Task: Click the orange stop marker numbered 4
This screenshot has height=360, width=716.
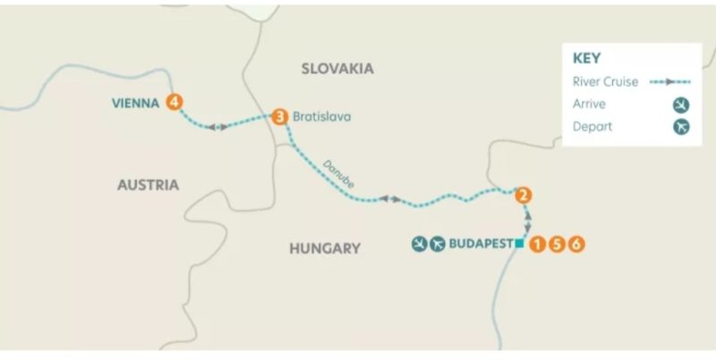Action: (175, 103)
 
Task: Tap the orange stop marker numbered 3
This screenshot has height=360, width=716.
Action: (280, 116)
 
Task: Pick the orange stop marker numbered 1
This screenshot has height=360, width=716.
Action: (537, 244)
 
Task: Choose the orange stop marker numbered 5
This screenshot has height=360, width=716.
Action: (557, 244)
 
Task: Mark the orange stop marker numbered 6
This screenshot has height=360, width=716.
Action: (576, 244)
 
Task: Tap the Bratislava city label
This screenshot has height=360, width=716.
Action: (322, 116)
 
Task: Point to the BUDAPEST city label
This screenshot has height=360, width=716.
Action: (481, 244)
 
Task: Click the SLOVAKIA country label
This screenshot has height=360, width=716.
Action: (337, 69)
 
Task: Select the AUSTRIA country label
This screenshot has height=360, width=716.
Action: (149, 184)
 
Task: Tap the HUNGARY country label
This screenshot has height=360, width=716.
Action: (324, 248)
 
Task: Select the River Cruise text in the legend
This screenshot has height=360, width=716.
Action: (605, 81)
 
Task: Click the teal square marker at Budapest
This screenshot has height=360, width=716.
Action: (519, 244)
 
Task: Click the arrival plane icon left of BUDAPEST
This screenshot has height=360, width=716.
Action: (419, 244)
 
